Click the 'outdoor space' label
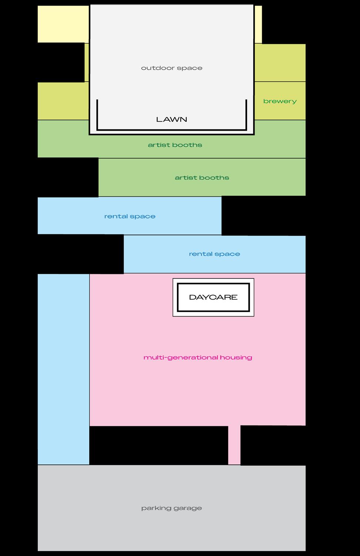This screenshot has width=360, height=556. click(x=171, y=68)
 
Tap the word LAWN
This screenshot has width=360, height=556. click(x=171, y=119)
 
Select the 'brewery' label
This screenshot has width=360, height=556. click(x=280, y=101)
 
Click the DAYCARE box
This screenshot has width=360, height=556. click(x=213, y=297)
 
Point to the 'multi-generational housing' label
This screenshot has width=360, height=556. click(x=198, y=358)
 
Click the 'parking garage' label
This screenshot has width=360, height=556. click(x=171, y=508)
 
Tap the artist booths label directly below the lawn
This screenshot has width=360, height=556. click(x=175, y=145)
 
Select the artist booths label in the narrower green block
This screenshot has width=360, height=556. click(x=202, y=178)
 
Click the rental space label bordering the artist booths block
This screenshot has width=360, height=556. click(x=130, y=216)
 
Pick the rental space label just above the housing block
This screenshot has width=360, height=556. click(x=214, y=254)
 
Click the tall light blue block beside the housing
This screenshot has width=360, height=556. click(x=63, y=369)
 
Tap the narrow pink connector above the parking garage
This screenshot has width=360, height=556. click(x=234, y=445)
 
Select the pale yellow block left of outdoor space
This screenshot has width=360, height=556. click(x=63, y=24)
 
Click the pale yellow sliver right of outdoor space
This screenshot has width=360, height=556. click(x=258, y=24)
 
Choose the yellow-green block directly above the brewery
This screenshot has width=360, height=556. click(x=280, y=63)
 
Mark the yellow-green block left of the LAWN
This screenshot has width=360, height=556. click(x=63, y=101)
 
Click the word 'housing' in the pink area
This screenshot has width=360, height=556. click(x=236, y=358)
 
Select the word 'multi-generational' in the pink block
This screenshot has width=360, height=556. click(x=181, y=358)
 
